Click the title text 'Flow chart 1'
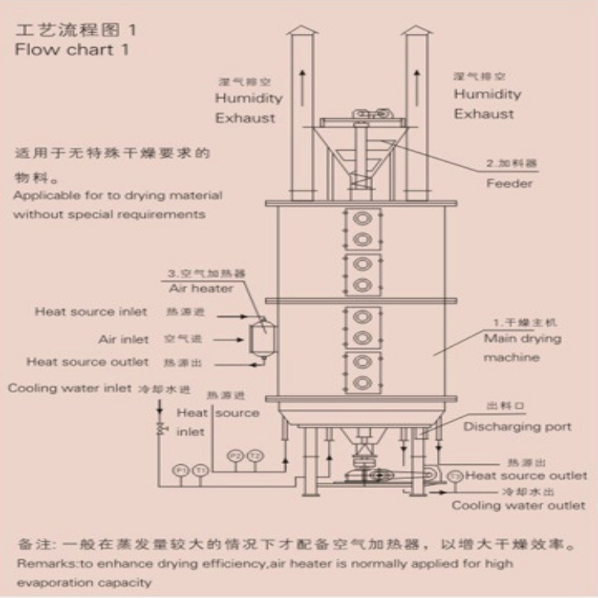pos(72,49)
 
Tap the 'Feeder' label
pos(509,183)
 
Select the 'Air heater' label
pos(201,289)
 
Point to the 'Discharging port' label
pos(517,427)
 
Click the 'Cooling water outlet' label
pos(518,506)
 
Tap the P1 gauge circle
pos(181,470)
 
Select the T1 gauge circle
pos(199,470)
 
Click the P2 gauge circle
pos(235,455)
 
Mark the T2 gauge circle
pos(254,455)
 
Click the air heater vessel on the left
pos(259,338)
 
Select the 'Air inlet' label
pos(124,339)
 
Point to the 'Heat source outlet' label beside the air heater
pos(88,362)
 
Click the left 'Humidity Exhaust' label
pos(248,108)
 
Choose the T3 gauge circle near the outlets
pos(454,476)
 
